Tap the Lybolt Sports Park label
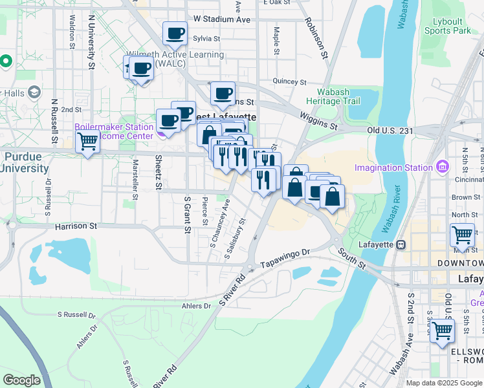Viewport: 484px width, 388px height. click(x=452, y=26)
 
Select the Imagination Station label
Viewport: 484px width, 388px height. click(x=393, y=168)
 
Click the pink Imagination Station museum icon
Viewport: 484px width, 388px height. click(x=443, y=167)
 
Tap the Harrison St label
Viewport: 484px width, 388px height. click(x=76, y=226)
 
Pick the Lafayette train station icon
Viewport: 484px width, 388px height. click(x=401, y=245)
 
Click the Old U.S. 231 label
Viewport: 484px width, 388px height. click(x=390, y=130)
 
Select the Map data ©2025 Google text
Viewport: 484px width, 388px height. click(x=443, y=383)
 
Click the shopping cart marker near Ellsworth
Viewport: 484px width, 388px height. click(x=442, y=330)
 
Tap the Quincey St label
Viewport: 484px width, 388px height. click(x=289, y=81)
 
